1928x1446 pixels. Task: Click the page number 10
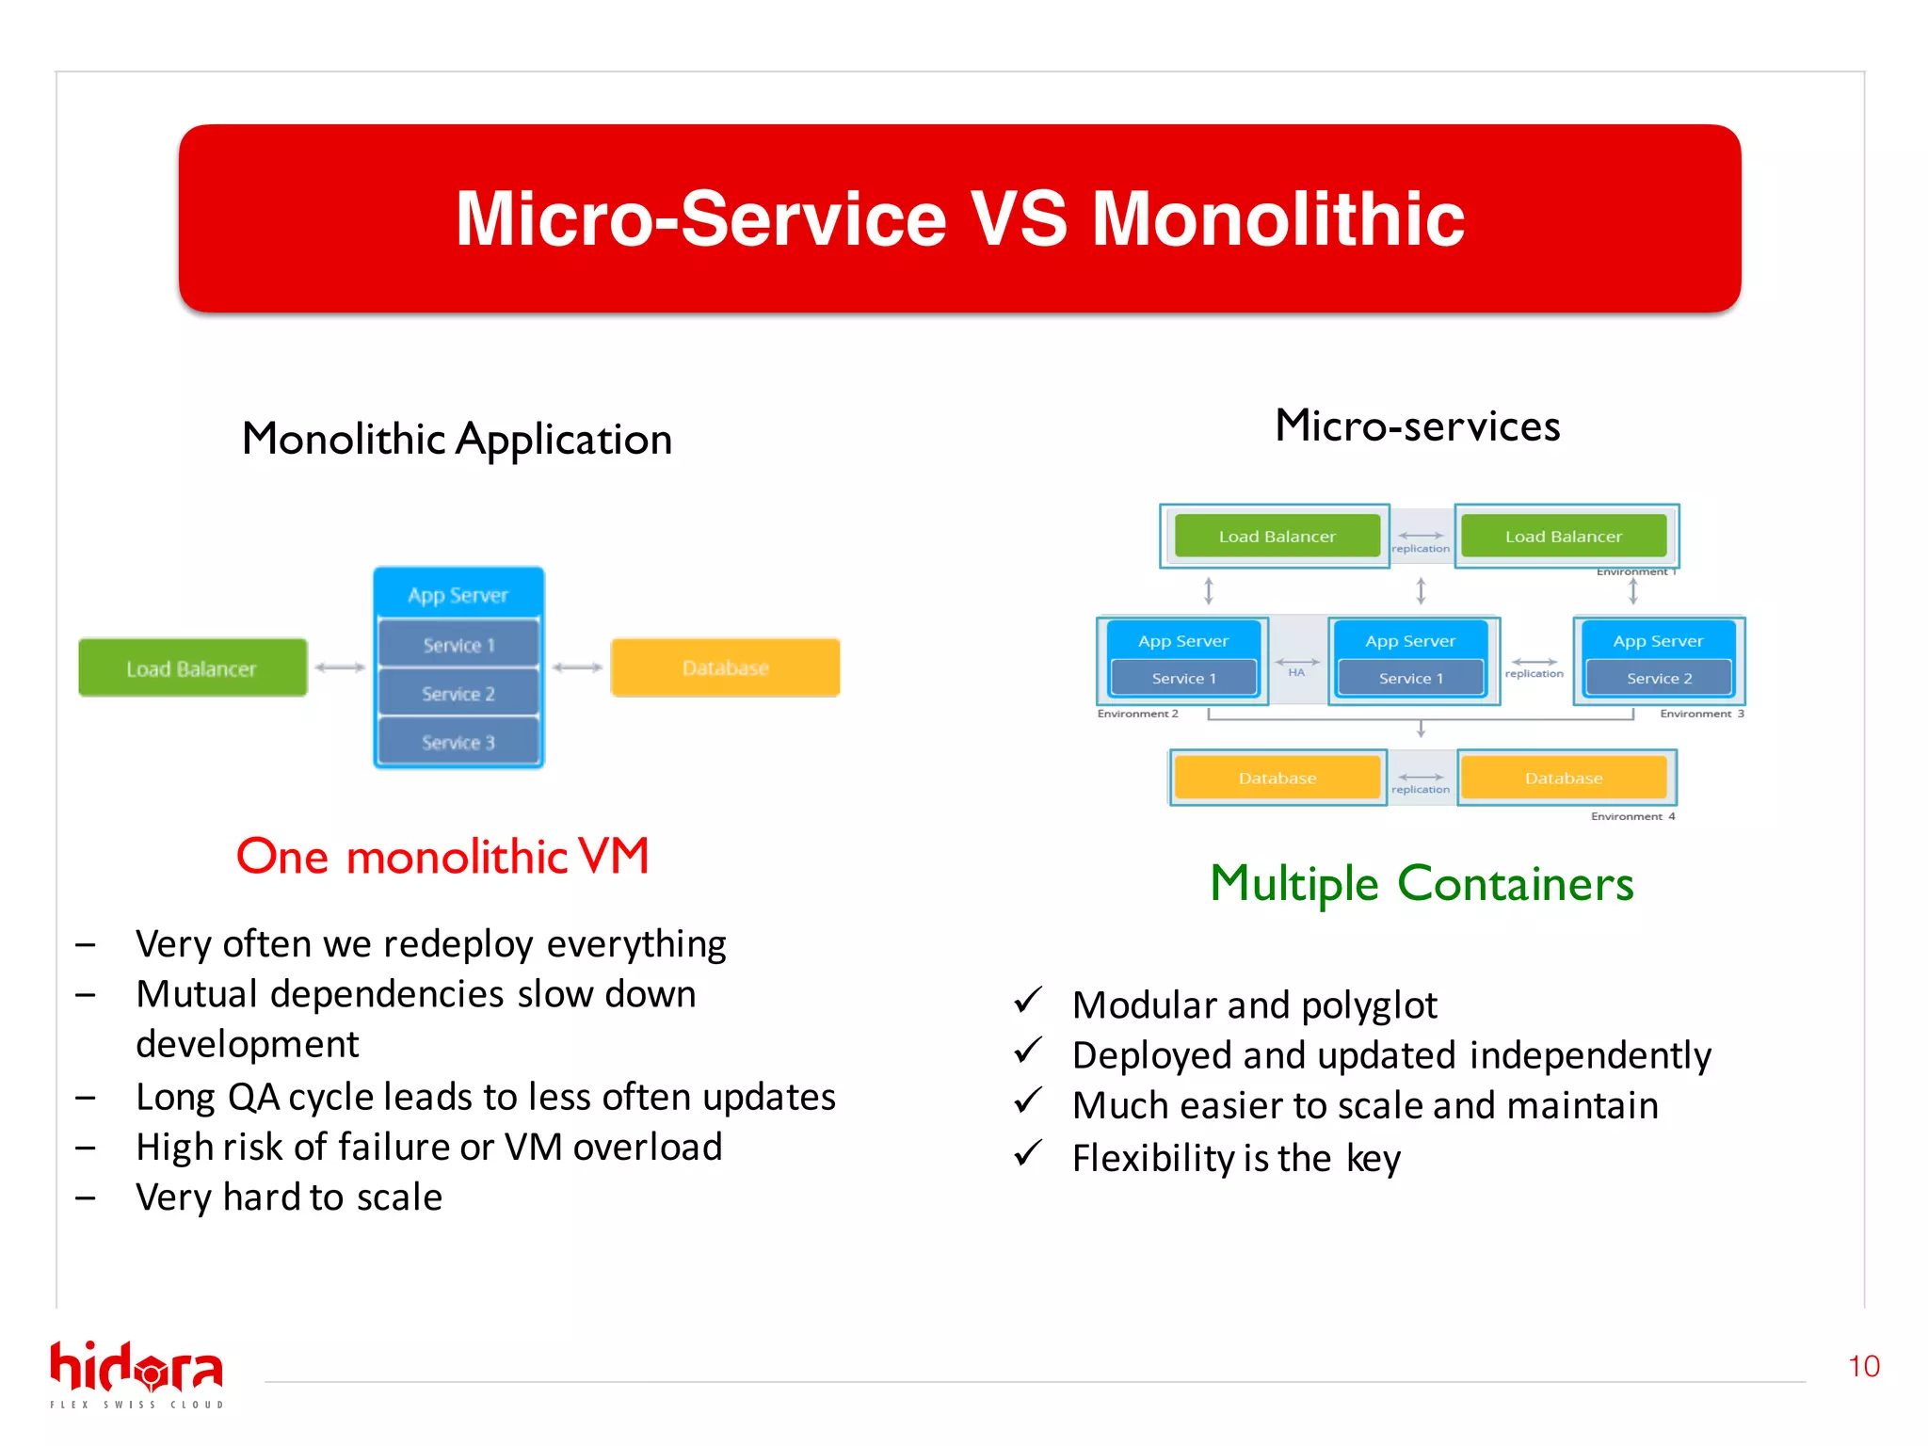coord(1863,1366)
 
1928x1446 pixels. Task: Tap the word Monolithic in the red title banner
coord(1277,219)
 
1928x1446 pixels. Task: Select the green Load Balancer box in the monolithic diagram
coord(192,668)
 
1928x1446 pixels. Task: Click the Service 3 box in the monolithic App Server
coord(458,743)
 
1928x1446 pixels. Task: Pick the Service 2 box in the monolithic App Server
coord(458,694)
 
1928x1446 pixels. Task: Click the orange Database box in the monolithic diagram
coord(725,668)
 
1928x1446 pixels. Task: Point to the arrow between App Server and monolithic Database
coord(577,667)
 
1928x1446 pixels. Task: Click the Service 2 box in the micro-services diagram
coord(1659,679)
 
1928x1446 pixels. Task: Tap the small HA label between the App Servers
coord(1296,672)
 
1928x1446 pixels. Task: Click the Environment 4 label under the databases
coord(1632,816)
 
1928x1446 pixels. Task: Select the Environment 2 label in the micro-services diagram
coord(1137,714)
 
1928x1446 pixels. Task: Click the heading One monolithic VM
coord(442,857)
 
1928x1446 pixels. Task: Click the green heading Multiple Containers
coord(1422,884)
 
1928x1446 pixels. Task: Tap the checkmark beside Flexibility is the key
coord(1028,1153)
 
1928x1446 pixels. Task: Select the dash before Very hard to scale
coord(86,1198)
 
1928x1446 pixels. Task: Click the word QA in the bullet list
coord(253,1098)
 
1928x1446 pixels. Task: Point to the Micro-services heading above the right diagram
coord(1417,426)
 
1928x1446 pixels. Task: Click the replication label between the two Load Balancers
coord(1421,549)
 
